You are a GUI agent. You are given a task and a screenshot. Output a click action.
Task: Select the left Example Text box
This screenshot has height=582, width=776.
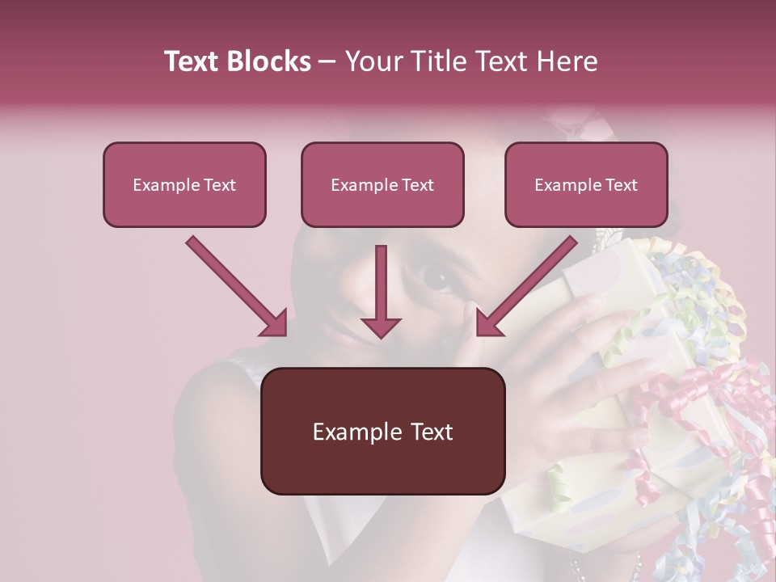[184, 184]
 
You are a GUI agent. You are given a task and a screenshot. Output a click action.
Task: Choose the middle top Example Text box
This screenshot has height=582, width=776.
[382, 184]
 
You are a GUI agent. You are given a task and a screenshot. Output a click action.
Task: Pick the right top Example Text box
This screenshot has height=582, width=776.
[586, 184]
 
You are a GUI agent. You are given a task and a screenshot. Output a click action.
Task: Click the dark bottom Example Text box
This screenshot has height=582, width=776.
[382, 431]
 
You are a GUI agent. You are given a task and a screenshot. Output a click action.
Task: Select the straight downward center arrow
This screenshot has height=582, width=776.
[381, 291]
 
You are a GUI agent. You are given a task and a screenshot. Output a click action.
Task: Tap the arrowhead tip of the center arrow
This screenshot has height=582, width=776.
[381, 334]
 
